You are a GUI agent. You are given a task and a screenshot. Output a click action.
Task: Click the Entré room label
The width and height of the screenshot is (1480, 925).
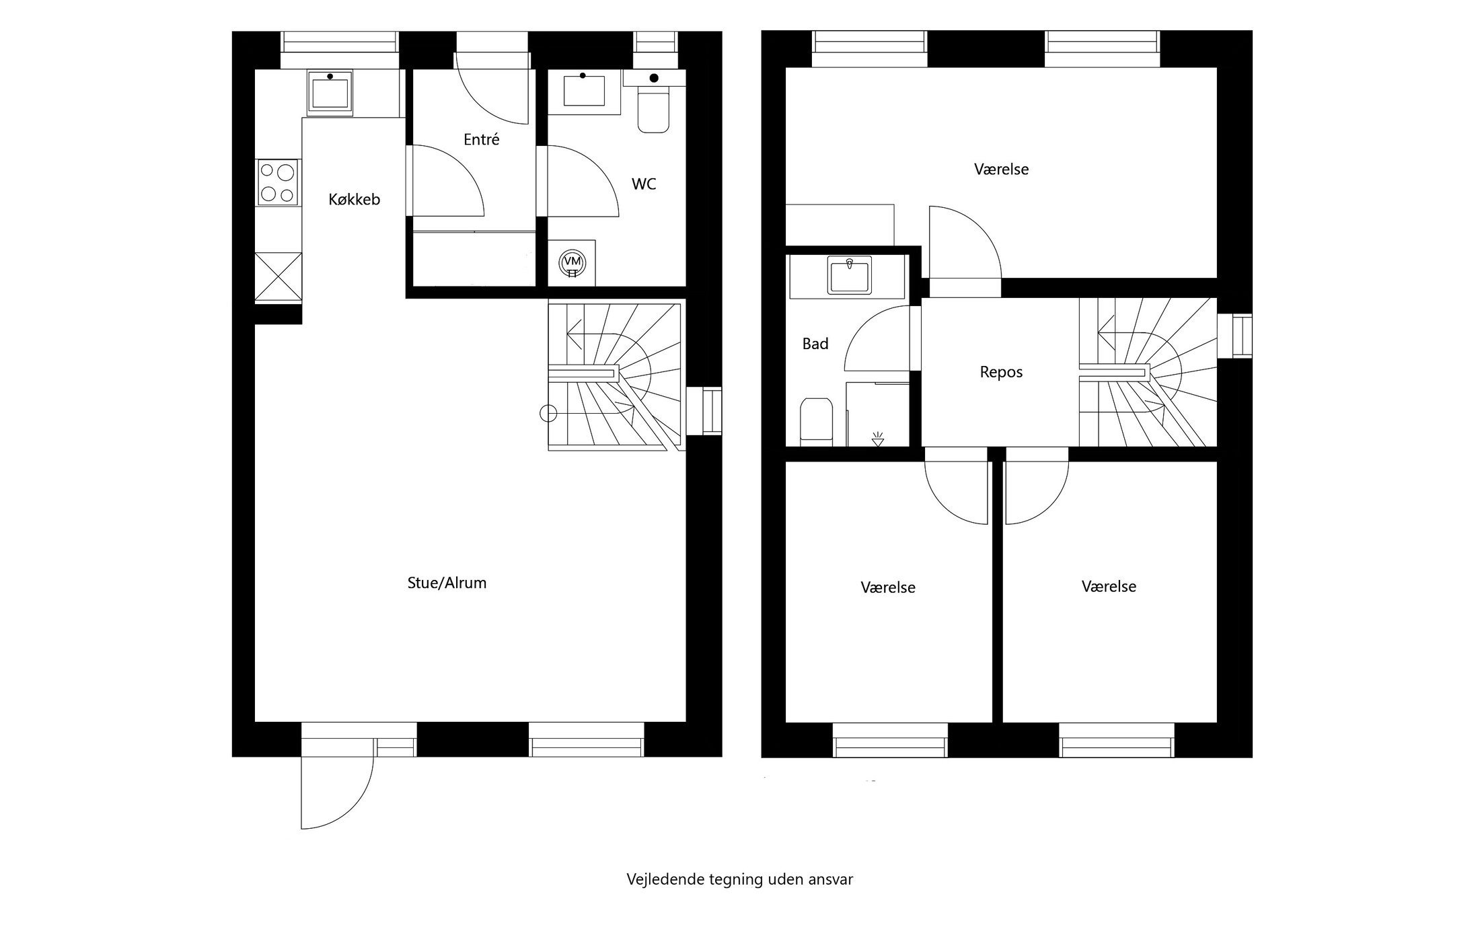tap(481, 140)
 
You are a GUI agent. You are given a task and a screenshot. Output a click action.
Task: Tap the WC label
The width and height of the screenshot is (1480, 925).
tap(643, 184)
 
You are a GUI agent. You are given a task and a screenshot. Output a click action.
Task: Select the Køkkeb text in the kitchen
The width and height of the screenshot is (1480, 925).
tap(354, 200)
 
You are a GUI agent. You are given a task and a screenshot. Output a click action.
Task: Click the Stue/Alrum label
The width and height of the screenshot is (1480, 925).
tap(447, 583)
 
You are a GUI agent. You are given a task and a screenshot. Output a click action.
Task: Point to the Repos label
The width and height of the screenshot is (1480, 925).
tap(1001, 373)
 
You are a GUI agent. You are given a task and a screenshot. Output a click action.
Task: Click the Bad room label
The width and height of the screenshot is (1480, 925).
tap(815, 344)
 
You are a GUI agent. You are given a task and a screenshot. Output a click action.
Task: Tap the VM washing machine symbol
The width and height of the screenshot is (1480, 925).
tap(572, 262)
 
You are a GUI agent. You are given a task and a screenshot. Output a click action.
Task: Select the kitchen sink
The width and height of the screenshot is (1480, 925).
tap(330, 93)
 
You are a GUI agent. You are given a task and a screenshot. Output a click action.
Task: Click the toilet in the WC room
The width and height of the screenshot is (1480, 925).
tap(653, 111)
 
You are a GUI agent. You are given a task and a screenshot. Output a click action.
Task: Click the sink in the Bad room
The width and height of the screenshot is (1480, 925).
tap(850, 275)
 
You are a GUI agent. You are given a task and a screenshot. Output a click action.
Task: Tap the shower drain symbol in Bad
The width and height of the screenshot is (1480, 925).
tap(877, 439)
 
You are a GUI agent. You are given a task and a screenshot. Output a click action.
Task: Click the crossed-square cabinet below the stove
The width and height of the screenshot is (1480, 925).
tap(278, 276)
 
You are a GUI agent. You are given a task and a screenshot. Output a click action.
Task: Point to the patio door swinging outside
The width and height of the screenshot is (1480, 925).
tap(336, 790)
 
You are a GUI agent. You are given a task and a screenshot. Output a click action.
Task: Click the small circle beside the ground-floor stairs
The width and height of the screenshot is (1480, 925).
tap(548, 413)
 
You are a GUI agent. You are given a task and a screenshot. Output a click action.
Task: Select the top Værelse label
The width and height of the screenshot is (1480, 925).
tap(1001, 170)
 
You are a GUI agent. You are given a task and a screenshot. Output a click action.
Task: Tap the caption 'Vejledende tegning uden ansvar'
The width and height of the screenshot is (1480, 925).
tap(739, 879)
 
